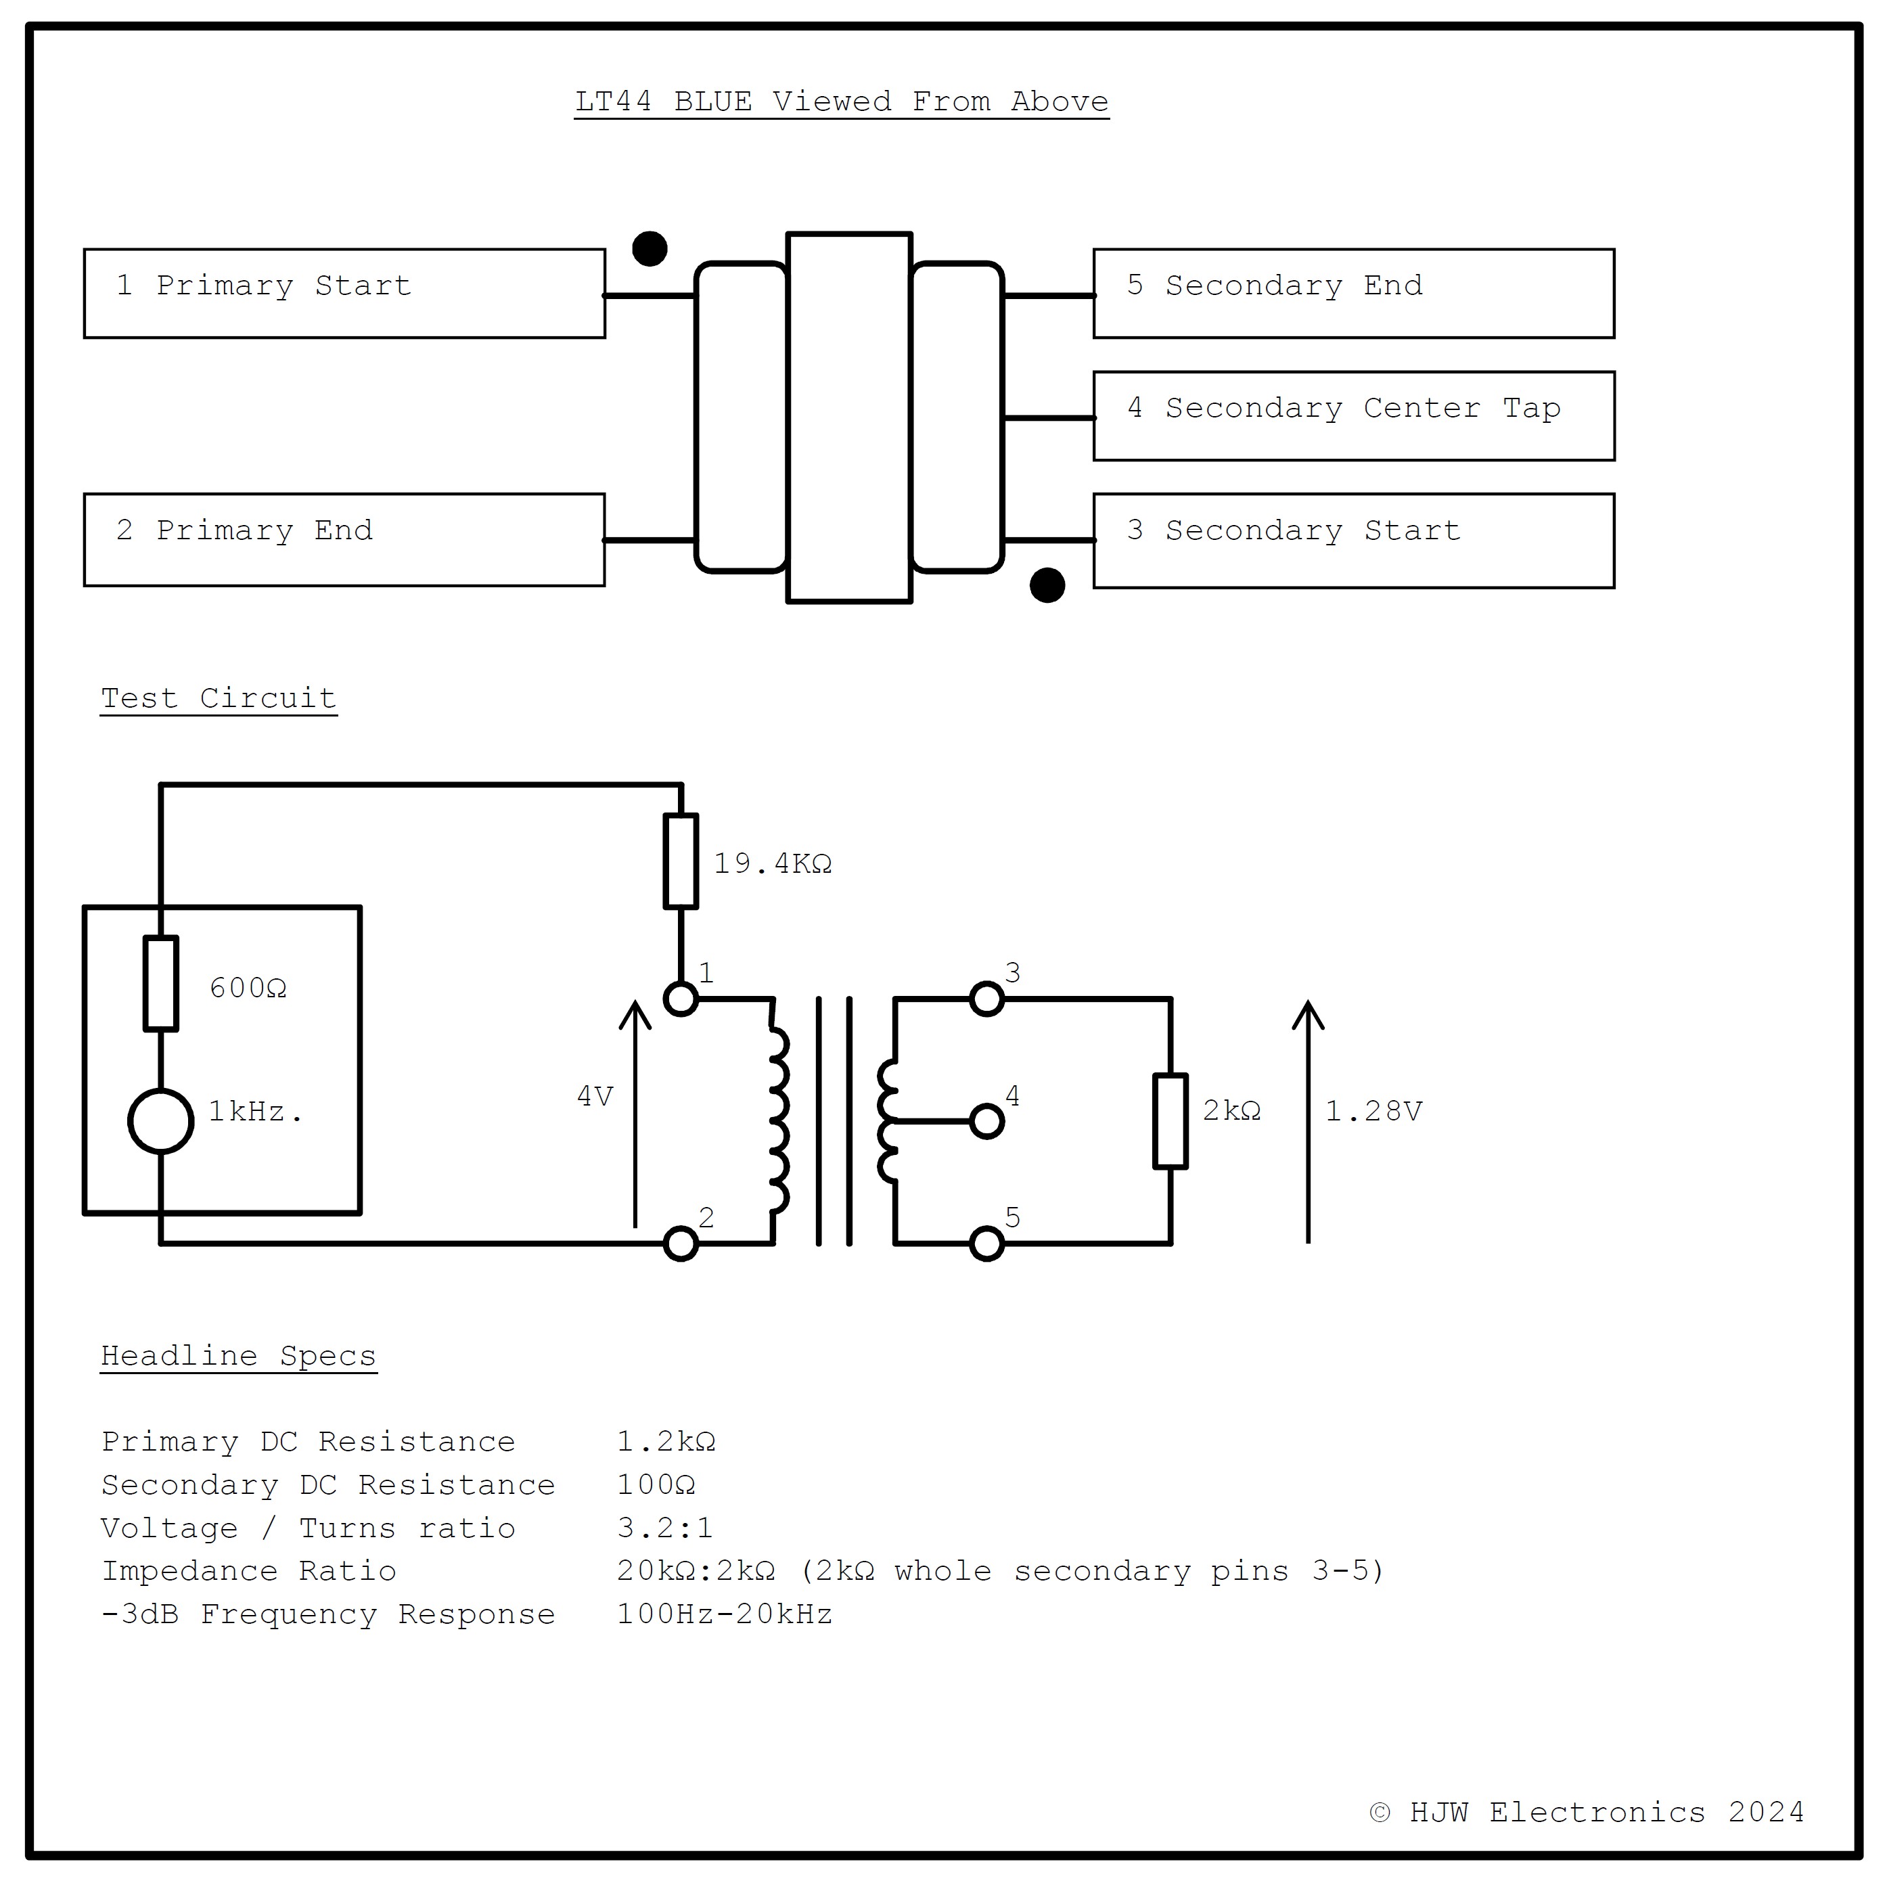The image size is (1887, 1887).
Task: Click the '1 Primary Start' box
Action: [x=344, y=293]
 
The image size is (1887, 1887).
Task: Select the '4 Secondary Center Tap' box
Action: [x=1352, y=415]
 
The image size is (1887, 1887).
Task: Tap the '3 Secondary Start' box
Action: [x=1352, y=540]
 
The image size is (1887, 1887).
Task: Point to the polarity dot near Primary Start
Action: [x=650, y=248]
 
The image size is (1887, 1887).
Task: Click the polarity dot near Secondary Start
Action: [x=1047, y=585]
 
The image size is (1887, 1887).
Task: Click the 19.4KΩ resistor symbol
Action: [x=681, y=861]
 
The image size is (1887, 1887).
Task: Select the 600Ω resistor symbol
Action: [x=161, y=982]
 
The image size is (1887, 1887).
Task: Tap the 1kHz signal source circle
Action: [x=161, y=1120]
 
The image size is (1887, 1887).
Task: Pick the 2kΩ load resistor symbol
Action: [x=1170, y=1120]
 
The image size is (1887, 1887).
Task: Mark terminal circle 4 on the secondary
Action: [x=986, y=1120]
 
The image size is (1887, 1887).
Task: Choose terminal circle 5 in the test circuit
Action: [x=986, y=1244]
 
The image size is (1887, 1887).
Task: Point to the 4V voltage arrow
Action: [x=635, y=1114]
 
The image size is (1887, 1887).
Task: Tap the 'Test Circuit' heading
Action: [x=219, y=698]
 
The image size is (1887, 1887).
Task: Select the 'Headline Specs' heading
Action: [x=238, y=1356]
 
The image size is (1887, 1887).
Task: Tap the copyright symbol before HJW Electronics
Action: [x=1379, y=1813]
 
